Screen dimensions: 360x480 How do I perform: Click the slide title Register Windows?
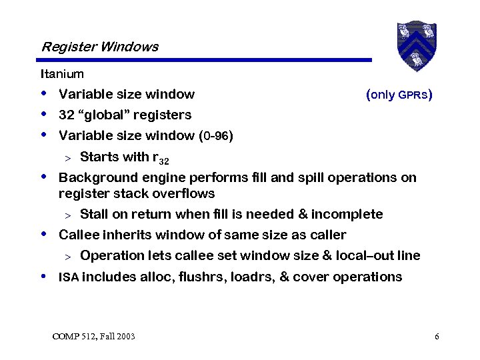[x=99, y=47]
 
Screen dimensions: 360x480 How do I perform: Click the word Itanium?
[x=62, y=73]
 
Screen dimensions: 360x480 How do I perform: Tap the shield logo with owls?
[x=416, y=45]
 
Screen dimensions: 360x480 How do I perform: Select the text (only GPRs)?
[x=399, y=94]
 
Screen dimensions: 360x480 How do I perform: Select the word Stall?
[x=95, y=214]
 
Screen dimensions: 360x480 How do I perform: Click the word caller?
[x=327, y=235]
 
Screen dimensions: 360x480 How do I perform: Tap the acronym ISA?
[x=68, y=277]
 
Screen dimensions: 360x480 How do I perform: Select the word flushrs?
[x=201, y=277]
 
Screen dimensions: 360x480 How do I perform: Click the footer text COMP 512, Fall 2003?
[x=93, y=336]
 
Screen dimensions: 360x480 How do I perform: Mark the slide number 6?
[x=436, y=336]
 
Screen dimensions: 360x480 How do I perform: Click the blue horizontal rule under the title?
[x=206, y=60]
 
